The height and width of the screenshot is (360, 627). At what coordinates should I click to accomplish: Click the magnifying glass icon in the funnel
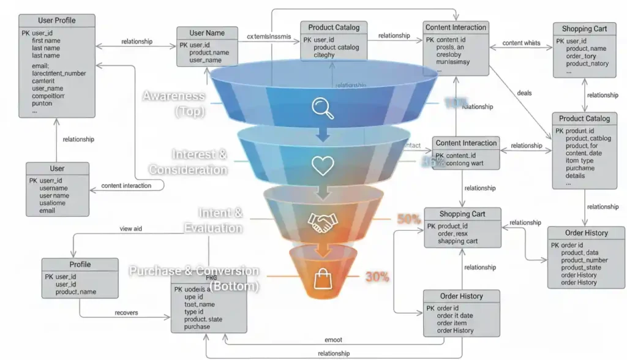click(322, 107)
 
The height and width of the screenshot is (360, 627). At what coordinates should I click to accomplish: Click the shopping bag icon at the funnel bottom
click(322, 279)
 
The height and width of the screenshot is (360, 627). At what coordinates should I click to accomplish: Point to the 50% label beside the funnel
click(408, 219)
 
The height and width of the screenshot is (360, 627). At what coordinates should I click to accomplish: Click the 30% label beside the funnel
click(377, 277)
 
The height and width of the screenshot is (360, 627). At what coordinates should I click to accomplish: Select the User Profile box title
click(57, 20)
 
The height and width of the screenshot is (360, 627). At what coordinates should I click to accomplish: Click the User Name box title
click(207, 33)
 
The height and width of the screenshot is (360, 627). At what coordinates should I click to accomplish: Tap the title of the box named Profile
click(80, 264)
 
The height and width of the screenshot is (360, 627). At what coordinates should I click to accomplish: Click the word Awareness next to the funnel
click(174, 96)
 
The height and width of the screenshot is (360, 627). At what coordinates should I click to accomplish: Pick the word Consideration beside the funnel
click(188, 170)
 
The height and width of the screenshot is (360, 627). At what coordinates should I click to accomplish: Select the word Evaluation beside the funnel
click(213, 228)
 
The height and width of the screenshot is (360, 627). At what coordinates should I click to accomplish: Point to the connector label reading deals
click(524, 93)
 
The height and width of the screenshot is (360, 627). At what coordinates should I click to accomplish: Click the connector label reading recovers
click(127, 313)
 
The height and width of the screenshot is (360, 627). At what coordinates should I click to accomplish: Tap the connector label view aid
click(130, 229)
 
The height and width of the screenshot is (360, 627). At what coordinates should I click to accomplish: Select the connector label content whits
click(521, 43)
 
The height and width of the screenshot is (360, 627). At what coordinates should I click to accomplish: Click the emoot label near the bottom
click(333, 340)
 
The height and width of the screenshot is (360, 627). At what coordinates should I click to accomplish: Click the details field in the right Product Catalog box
click(576, 176)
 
